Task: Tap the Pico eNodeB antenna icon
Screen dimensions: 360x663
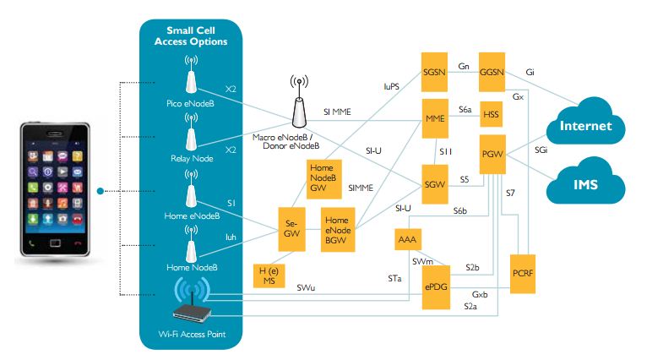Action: [192, 78]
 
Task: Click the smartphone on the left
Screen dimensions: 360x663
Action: [52, 190]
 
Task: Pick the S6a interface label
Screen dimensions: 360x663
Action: [465, 110]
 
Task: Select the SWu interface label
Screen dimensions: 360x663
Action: [307, 288]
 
